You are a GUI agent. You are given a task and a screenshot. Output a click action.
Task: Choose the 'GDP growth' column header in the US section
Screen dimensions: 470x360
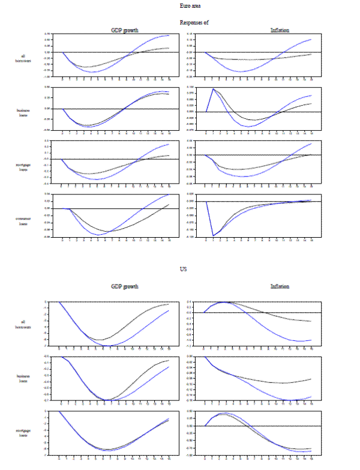tap(125, 286)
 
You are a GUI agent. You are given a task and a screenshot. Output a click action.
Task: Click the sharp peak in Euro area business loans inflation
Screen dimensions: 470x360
tap(214, 89)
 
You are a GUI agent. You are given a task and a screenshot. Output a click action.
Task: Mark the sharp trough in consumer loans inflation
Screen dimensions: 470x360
tap(214, 236)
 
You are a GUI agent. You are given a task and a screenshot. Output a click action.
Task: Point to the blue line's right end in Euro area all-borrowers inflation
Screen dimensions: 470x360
tap(311, 40)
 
